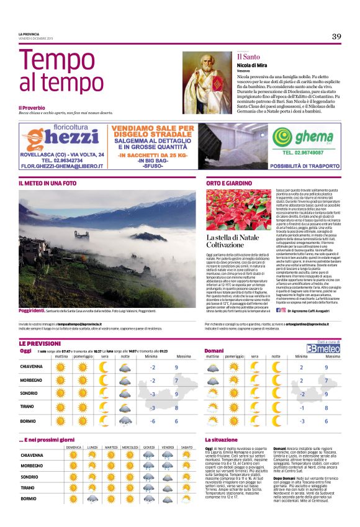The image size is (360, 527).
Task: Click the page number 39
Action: tap(336, 36)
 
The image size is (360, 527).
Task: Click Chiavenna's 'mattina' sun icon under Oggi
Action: tap(61, 367)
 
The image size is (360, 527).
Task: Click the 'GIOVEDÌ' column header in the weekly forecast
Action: tap(149, 447)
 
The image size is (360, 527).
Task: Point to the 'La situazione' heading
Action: tap(222, 439)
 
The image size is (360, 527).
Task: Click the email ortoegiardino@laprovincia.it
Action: tap(297, 324)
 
